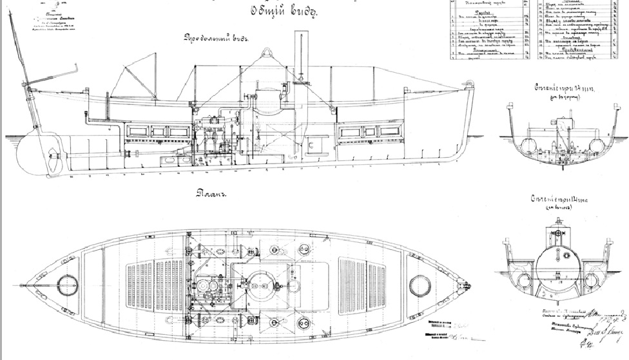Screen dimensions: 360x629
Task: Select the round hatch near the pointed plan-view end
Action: click(65, 283)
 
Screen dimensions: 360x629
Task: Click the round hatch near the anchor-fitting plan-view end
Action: click(420, 284)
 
